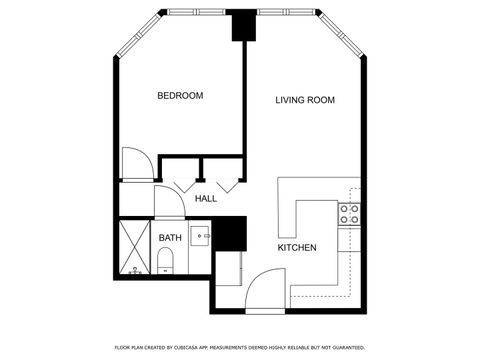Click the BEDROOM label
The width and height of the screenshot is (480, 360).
pos(180,96)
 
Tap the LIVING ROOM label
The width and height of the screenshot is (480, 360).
pos(305,100)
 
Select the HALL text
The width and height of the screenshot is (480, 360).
pos(206,199)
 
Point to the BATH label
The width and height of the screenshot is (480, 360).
pos(170,238)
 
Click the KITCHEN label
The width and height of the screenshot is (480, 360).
pos(297,247)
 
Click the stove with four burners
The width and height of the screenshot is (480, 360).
pos(349,213)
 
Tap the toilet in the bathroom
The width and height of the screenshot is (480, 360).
pos(166,263)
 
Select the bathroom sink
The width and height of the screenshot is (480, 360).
pos(199,238)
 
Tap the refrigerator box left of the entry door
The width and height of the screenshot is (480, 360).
pos(228,268)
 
